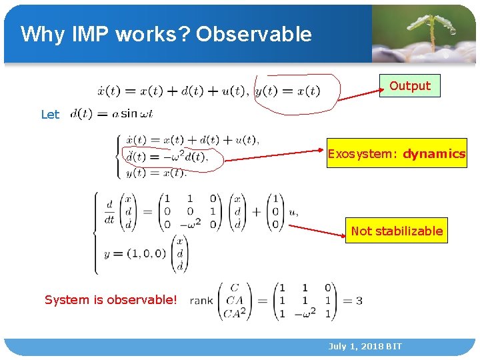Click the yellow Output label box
[410, 86]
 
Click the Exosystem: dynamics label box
[396, 154]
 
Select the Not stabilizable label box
[396, 231]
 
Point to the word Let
[50, 115]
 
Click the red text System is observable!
[111, 300]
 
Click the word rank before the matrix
[201, 301]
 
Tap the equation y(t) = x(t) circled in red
[288, 91]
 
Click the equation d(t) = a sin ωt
[111, 114]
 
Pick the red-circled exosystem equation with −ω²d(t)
[167, 157]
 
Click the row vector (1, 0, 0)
[145, 253]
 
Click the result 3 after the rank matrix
[359, 301]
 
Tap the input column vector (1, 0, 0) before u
[275, 211]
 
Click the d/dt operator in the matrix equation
[109, 211]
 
